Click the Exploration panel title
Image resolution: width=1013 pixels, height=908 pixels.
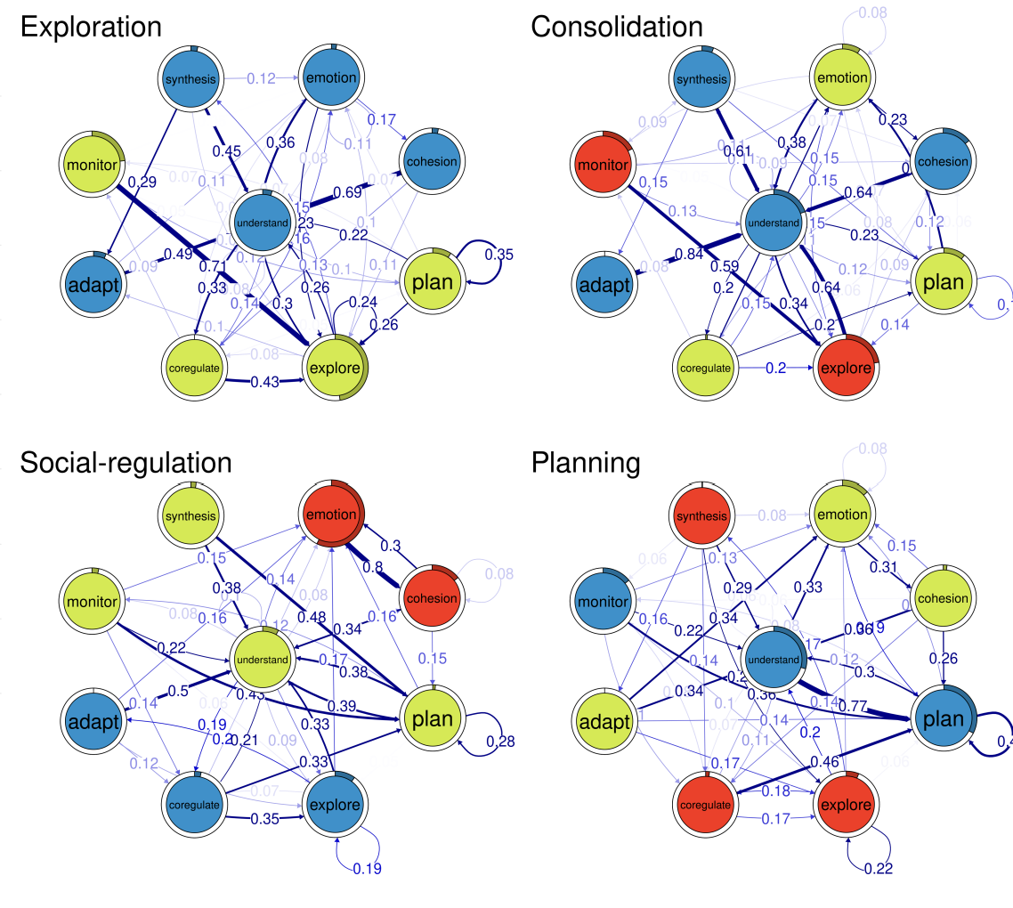tap(90, 27)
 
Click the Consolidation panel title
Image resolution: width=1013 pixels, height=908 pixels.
tap(616, 27)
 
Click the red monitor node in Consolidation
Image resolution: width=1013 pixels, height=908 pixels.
tap(602, 166)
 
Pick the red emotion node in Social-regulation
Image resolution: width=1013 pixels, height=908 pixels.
tap(331, 515)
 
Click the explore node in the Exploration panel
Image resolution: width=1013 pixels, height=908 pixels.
tap(334, 368)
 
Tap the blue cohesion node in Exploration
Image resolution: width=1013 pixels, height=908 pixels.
tap(432, 161)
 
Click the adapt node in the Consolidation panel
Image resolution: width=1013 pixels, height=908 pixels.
tap(602, 286)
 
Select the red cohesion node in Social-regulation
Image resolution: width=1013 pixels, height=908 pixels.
tap(432, 597)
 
